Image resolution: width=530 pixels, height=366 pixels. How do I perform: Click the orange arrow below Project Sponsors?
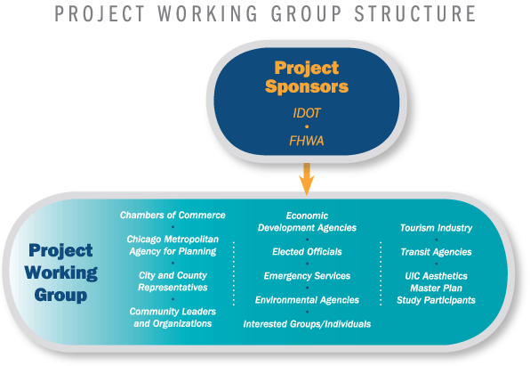[x=307, y=179]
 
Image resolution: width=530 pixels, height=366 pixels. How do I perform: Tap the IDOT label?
[x=307, y=113]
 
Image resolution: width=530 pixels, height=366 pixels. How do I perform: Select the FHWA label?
[x=307, y=141]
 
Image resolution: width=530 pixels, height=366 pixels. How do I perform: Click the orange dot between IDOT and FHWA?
[x=307, y=126]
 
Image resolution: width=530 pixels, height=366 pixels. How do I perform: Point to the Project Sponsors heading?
[x=307, y=77]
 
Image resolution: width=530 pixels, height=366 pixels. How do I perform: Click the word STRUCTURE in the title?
[x=415, y=13]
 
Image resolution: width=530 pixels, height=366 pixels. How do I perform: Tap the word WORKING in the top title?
[x=207, y=13]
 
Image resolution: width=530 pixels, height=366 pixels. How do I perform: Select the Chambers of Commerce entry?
[x=173, y=215]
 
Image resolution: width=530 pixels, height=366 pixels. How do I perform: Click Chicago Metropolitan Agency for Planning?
[x=173, y=245]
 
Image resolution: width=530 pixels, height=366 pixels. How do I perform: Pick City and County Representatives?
[x=173, y=281]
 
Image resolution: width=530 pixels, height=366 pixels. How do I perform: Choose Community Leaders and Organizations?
[x=173, y=317]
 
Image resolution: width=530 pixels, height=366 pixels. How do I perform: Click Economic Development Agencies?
[x=307, y=222]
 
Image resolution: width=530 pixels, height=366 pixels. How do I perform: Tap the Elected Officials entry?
[x=307, y=251]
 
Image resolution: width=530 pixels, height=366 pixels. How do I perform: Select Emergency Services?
[x=307, y=276]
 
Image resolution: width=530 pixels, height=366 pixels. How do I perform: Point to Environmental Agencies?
[x=307, y=300]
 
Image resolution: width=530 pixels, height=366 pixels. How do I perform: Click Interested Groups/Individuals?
[x=307, y=324]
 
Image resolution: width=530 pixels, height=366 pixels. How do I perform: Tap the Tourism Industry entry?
[x=436, y=228]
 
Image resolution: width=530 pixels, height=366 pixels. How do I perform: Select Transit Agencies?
[x=436, y=252]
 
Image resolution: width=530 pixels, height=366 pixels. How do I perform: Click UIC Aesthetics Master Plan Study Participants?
[x=436, y=289]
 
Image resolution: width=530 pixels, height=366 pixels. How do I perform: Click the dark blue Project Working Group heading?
[x=60, y=272]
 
